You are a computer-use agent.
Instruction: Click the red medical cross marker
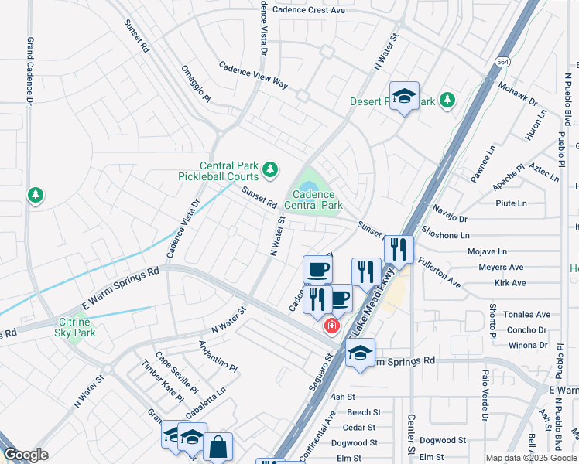(x=332, y=326)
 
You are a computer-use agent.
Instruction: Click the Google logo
(x=26, y=455)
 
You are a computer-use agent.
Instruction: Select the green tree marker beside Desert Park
(x=447, y=100)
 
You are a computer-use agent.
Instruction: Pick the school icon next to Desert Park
(x=403, y=97)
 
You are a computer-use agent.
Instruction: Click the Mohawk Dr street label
(x=518, y=94)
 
